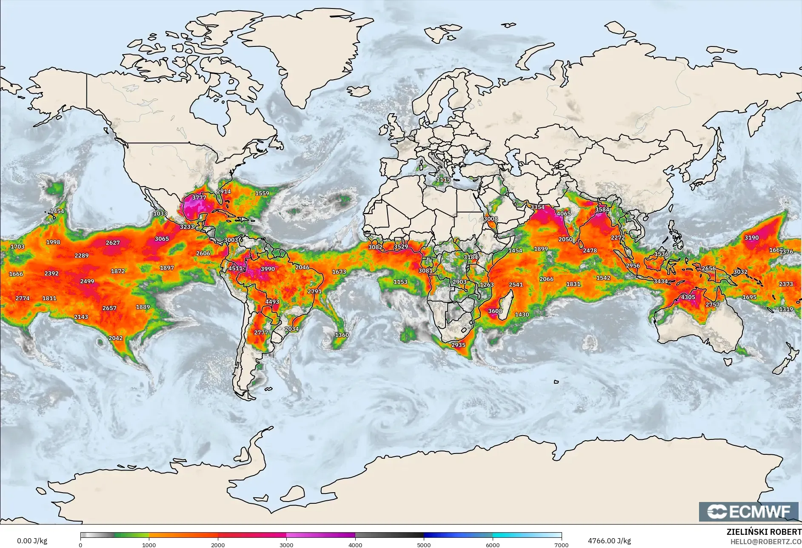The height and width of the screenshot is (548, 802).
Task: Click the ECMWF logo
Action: pos(748,511)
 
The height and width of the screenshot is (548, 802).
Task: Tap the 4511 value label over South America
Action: pos(236,268)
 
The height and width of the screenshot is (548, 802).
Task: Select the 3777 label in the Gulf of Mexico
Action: pos(199,198)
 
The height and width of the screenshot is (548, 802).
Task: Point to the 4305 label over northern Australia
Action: pos(688,297)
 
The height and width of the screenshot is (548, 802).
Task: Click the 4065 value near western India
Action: pos(563,214)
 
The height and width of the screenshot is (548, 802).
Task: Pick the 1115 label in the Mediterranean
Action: pos(443,180)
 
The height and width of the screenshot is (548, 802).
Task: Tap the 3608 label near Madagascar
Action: pos(495,311)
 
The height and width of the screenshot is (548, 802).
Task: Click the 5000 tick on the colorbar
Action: pos(424,545)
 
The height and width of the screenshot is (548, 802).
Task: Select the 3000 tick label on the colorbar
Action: pos(286,545)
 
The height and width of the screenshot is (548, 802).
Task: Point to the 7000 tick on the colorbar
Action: pos(561,545)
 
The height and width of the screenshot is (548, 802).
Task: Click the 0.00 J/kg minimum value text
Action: pos(32,541)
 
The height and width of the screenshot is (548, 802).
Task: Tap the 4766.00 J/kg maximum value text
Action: pos(609,541)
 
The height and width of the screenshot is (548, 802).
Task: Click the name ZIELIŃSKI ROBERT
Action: pos(764,532)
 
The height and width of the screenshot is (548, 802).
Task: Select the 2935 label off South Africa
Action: pos(458,345)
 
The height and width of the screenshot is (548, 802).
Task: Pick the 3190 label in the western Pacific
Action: pos(751,238)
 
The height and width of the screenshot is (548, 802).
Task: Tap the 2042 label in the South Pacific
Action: pos(115,338)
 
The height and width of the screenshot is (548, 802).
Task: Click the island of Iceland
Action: pos(359,91)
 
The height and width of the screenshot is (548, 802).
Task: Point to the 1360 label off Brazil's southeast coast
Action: pos(342,335)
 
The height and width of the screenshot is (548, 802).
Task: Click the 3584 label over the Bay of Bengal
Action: pos(602,209)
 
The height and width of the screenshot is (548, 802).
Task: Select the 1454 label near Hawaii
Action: pos(57,211)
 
